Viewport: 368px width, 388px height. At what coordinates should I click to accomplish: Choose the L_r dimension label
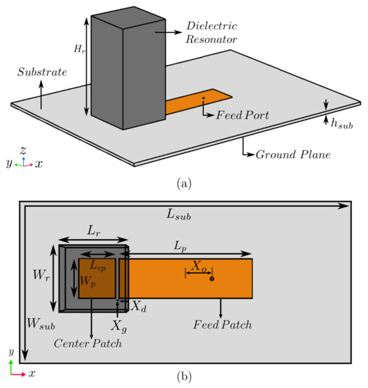coord(93,231)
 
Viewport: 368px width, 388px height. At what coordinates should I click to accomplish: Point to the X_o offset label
coord(198,265)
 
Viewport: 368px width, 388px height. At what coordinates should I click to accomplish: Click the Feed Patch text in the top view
coord(223,325)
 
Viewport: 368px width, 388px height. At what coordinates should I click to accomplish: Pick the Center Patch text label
coord(88,344)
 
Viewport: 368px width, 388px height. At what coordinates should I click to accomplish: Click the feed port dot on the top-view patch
coord(211,279)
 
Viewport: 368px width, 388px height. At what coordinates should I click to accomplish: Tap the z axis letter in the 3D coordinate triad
coord(23,151)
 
